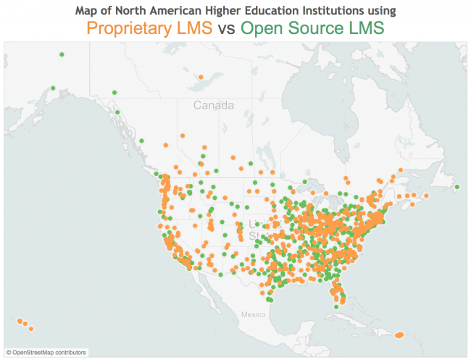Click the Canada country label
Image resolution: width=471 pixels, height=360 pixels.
point(213,105)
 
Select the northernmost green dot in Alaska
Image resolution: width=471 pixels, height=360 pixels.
point(62,54)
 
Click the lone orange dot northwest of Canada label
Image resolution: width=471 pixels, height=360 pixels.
point(198,73)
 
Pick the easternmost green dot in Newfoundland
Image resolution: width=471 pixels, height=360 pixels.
point(457,187)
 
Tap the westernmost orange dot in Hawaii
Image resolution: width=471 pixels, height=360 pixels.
point(17,320)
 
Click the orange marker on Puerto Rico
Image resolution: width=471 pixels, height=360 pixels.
point(399,335)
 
